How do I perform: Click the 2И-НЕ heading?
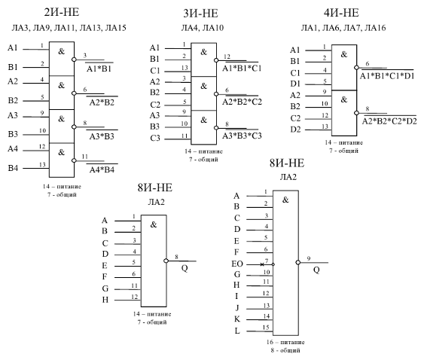[62, 12]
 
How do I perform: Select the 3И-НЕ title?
[200, 14]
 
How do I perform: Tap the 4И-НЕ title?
[341, 13]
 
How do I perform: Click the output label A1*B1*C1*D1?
[387, 76]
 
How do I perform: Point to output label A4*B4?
[102, 170]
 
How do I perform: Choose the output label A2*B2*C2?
[242, 102]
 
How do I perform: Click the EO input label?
[237, 264]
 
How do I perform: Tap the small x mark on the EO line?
[262, 264]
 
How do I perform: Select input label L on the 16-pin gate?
[237, 331]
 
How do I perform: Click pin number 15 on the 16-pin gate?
[266, 328]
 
